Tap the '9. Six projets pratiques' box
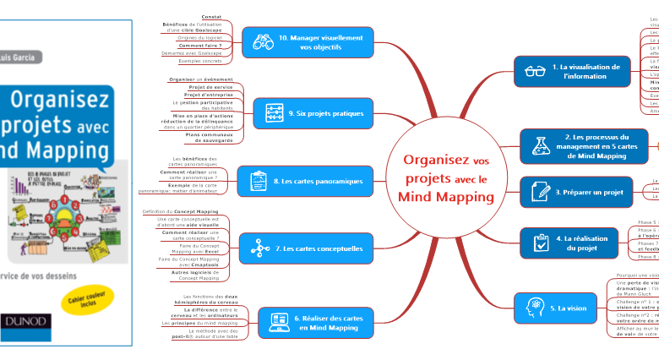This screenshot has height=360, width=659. pos(313,112)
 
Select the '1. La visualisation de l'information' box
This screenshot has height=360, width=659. pos(572,71)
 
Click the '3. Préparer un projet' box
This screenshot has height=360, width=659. pos(574,192)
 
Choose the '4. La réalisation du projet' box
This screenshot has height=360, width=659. pos(574,243)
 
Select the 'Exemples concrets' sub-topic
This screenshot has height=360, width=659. pos(199,62)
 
